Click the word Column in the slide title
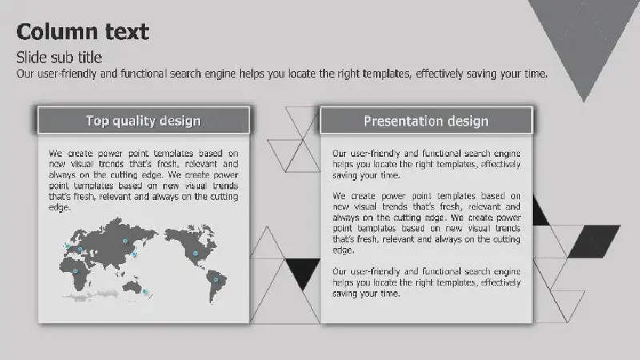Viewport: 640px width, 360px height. pyautogui.click(x=57, y=32)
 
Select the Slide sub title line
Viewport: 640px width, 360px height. pyautogui.click(x=59, y=58)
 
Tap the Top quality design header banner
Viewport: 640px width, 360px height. pyautogui.click(x=143, y=121)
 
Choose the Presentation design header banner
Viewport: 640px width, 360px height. pyautogui.click(x=426, y=121)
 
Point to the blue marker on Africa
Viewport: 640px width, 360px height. pyautogui.click(x=75, y=271)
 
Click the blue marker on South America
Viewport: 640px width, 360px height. pyautogui.click(x=216, y=279)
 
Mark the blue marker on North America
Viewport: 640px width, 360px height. pyautogui.click(x=195, y=253)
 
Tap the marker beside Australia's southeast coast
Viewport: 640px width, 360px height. pyautogui.click(x=145, y=291)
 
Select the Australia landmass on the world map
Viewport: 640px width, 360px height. pyautogui.click(x=132, y=286)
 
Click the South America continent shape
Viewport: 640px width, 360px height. pyautogui.click(x=215, y=285)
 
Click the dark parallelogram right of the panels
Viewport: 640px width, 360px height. pyautogui.click(x=594, y=242)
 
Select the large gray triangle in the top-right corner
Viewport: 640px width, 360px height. pyautogui.click(x=584, y=37)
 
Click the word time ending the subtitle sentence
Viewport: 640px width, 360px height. pyautogui.click(x=535, y=74)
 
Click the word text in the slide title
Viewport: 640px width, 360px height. pyautogui.click(x=127, y=32)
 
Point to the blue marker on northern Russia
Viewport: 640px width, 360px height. pyautogui.click(x=126, y=242)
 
